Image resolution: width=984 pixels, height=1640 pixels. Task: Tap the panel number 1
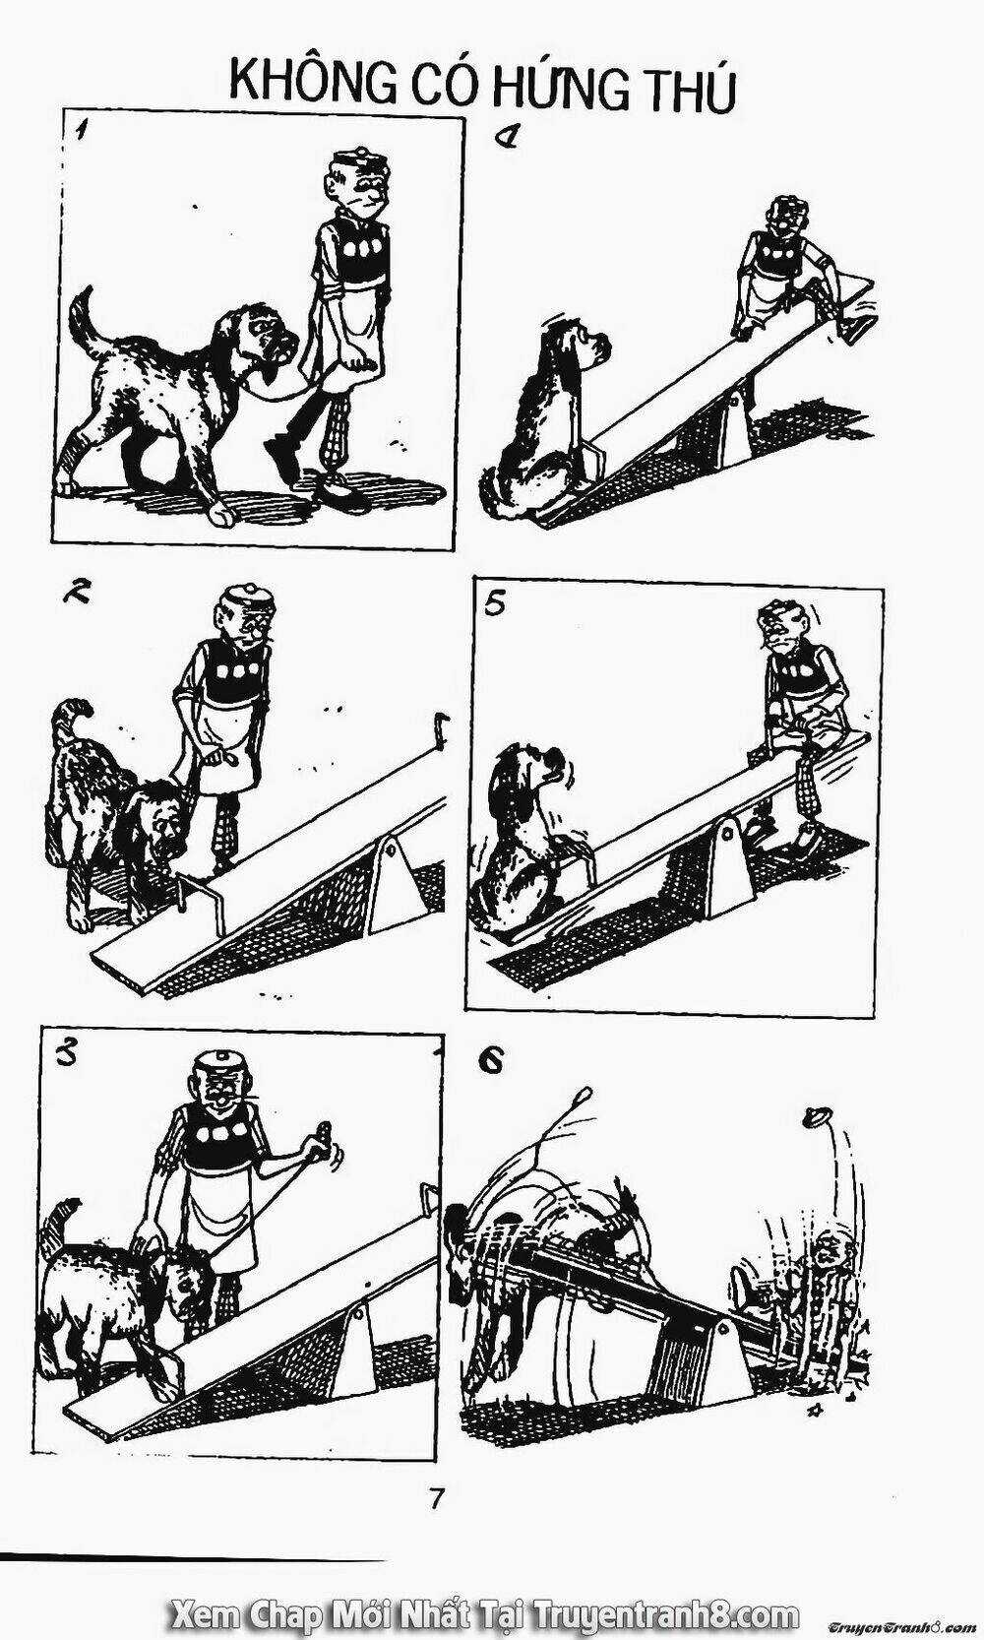click(79, 134)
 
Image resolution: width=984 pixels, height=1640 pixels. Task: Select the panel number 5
click(496, 606)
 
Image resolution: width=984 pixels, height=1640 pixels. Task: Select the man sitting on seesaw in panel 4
click(783, 271)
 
